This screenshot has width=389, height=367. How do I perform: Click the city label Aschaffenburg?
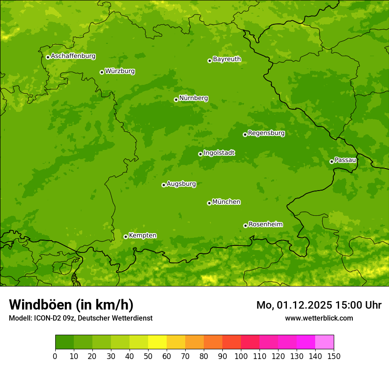coord(73,56)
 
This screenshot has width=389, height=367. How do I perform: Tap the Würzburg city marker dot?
coord(102,72)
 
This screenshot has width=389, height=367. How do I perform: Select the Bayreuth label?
coord(227,59)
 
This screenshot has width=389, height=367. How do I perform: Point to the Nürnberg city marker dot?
coord(176,99)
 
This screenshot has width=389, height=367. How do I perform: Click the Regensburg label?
coord(266,133)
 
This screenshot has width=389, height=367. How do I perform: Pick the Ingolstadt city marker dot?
coord(200,154)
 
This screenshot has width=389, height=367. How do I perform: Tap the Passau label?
coord(345,160)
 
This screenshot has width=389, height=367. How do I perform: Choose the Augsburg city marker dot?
coord(164,185)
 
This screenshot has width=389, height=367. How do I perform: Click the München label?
coord(226,202)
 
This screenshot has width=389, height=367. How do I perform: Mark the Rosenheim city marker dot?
coord(245,226)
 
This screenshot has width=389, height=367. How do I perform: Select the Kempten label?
coord(142,236)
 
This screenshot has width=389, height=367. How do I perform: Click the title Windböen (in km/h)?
coord(71,305)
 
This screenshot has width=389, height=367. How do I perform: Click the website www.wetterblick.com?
coord(319,318)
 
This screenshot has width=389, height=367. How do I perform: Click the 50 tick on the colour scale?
coord(148,356)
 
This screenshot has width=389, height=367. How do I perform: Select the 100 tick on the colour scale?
coord(240,356)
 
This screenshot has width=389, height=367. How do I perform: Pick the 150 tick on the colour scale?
coord(333,356)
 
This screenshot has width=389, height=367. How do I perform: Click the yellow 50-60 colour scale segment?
coord(157,342)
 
